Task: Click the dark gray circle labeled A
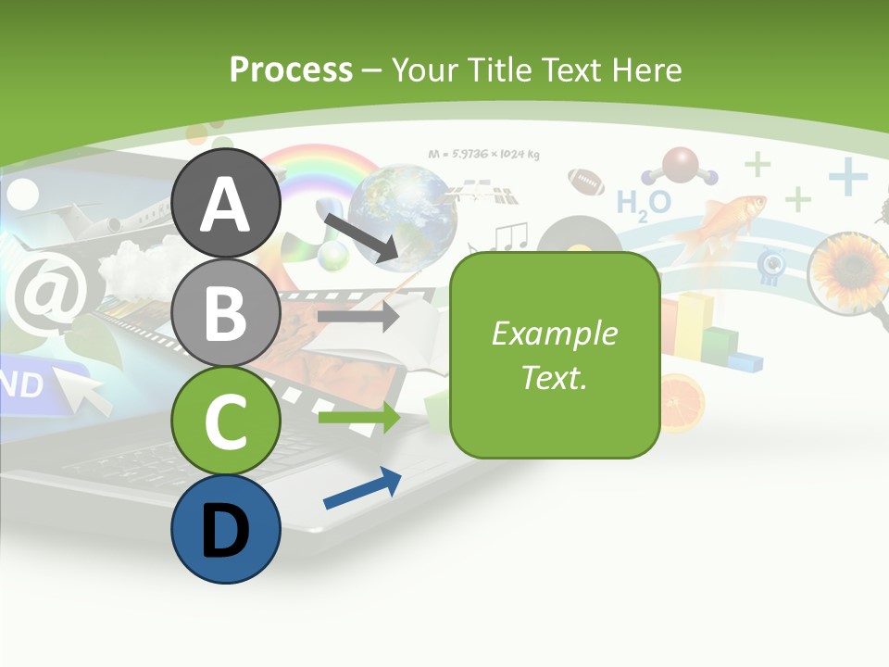(226, 203)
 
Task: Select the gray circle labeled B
(226, 312)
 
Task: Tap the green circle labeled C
(226, 421)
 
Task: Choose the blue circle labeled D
(226, 529)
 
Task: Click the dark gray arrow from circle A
(361, 235)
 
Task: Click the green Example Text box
(555, 355)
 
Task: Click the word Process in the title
(291, 69)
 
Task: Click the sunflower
(849, 271)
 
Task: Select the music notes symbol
(509, 238)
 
